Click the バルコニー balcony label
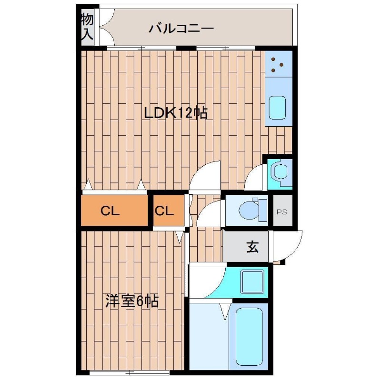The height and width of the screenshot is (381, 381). pos(181,29)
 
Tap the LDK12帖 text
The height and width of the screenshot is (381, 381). pos(176,113)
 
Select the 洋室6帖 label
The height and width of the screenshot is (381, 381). pos(132,301)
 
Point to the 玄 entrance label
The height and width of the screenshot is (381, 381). pos(252,247)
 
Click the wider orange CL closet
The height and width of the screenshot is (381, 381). pos(113,211)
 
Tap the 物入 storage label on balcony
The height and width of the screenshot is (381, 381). pos(87,27)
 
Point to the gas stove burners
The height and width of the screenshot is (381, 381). pos(278,64)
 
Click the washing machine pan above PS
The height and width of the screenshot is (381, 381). pos(280,173)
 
